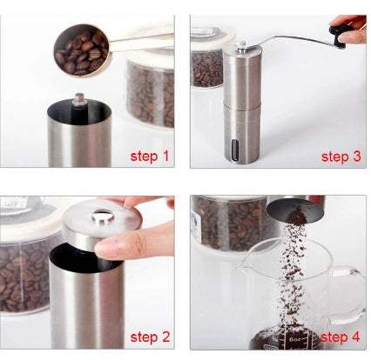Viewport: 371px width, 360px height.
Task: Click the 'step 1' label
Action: [149, 157]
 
